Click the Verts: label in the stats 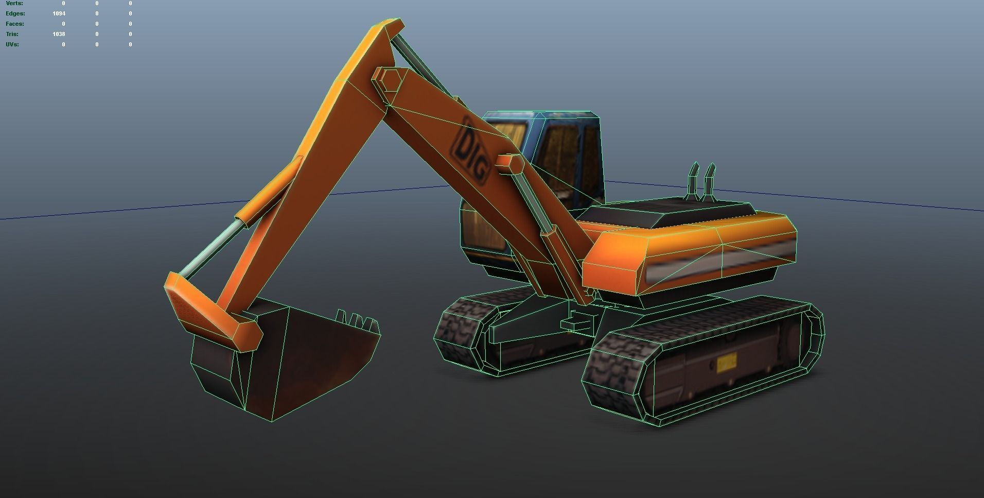point(14,3)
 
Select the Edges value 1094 point(59,13)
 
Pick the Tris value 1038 point(59,34)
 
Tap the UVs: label point(12,44)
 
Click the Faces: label point(14,24)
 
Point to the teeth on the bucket point(358,321)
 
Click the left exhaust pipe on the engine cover point(693,180)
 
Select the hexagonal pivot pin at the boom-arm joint point(387,81)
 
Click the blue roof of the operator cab point(540,115)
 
